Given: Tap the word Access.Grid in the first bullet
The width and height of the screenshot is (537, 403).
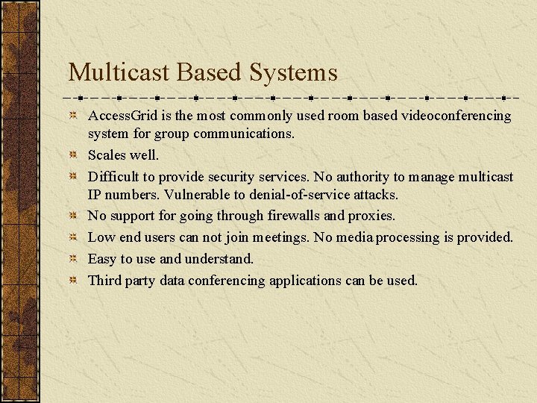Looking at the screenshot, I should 120,116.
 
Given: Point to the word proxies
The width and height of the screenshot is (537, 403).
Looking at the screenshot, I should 371,216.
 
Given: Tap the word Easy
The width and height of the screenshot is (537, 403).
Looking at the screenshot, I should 102,259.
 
